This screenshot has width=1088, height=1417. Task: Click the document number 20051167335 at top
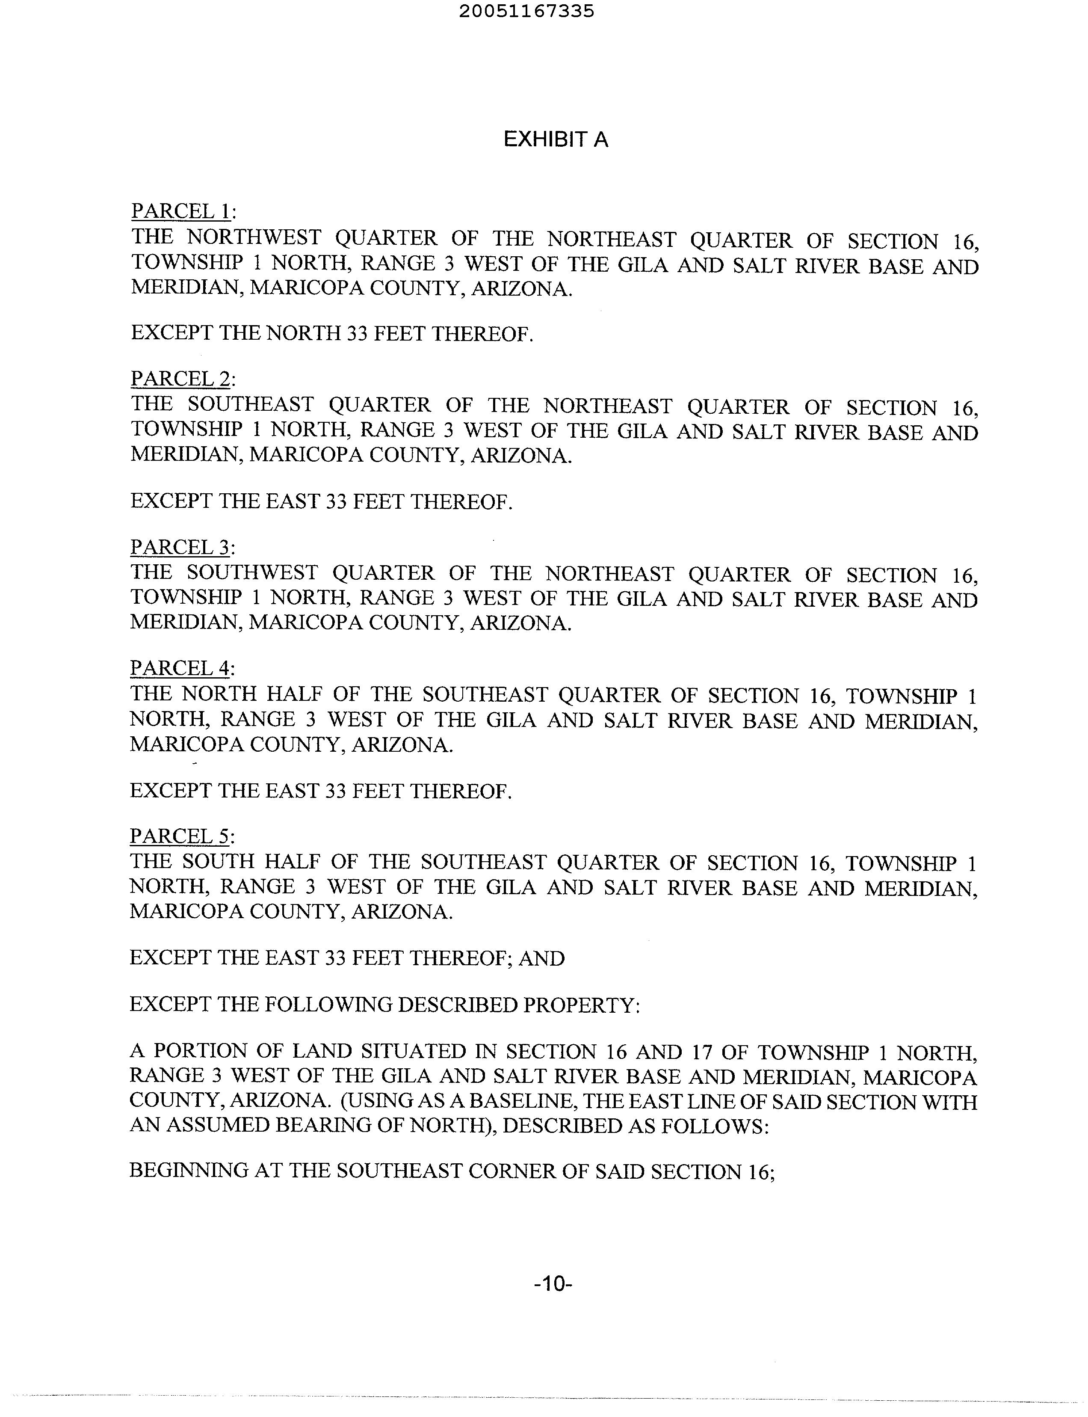(x=526, y=12)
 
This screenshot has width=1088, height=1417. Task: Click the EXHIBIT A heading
(x=556, y=140)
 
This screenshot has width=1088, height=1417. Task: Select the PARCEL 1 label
(x=182, y=211)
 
